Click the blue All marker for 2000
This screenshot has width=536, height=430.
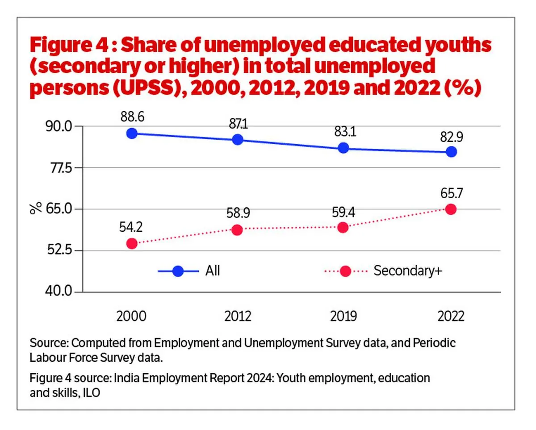132,133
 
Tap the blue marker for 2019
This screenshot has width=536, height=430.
343,148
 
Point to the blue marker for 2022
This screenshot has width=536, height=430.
451,151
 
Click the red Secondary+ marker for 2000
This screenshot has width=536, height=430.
132,243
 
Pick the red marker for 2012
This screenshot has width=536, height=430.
237,230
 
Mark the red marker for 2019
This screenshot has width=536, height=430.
343,227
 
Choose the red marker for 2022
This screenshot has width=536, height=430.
451,209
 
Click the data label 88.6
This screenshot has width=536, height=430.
132,117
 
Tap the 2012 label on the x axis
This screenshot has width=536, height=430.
237,316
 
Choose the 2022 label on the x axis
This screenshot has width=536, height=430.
451,316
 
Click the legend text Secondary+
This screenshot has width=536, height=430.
407,271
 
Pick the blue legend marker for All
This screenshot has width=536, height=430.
178,271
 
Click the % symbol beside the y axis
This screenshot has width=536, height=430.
37,208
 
